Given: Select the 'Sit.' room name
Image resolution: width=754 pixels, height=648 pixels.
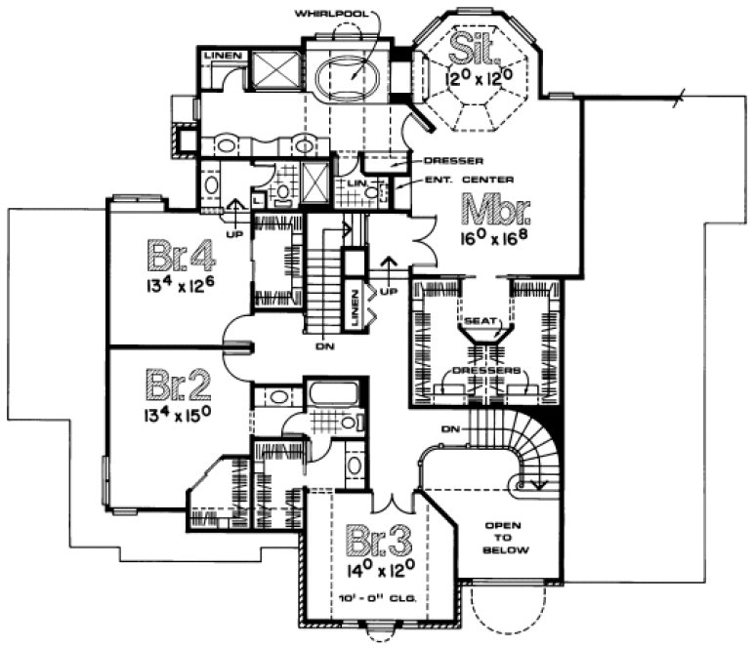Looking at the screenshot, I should [474, 45].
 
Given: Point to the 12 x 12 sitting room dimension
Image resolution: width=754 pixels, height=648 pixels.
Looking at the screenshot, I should [478, 76].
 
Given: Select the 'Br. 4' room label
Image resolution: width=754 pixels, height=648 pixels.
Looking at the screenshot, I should [180, 256].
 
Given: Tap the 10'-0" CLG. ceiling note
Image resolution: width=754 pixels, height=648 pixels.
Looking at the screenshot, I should [377, 594].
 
